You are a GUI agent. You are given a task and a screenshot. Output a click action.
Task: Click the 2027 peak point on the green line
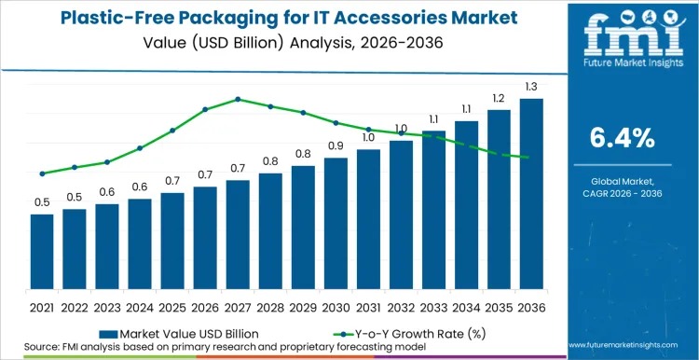238,99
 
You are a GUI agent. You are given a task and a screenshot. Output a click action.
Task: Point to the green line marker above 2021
42,173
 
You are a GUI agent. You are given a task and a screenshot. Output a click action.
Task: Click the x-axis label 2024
140,306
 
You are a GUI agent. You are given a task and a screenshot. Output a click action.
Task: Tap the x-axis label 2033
433,306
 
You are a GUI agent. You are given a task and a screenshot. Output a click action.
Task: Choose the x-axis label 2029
303,306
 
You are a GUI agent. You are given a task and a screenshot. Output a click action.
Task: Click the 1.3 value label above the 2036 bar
531,87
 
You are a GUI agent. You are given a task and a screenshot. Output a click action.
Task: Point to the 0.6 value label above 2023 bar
107,192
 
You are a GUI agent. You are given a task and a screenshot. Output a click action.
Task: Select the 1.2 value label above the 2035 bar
499,98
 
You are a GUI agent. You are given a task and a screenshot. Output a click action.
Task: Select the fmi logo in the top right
622,35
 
